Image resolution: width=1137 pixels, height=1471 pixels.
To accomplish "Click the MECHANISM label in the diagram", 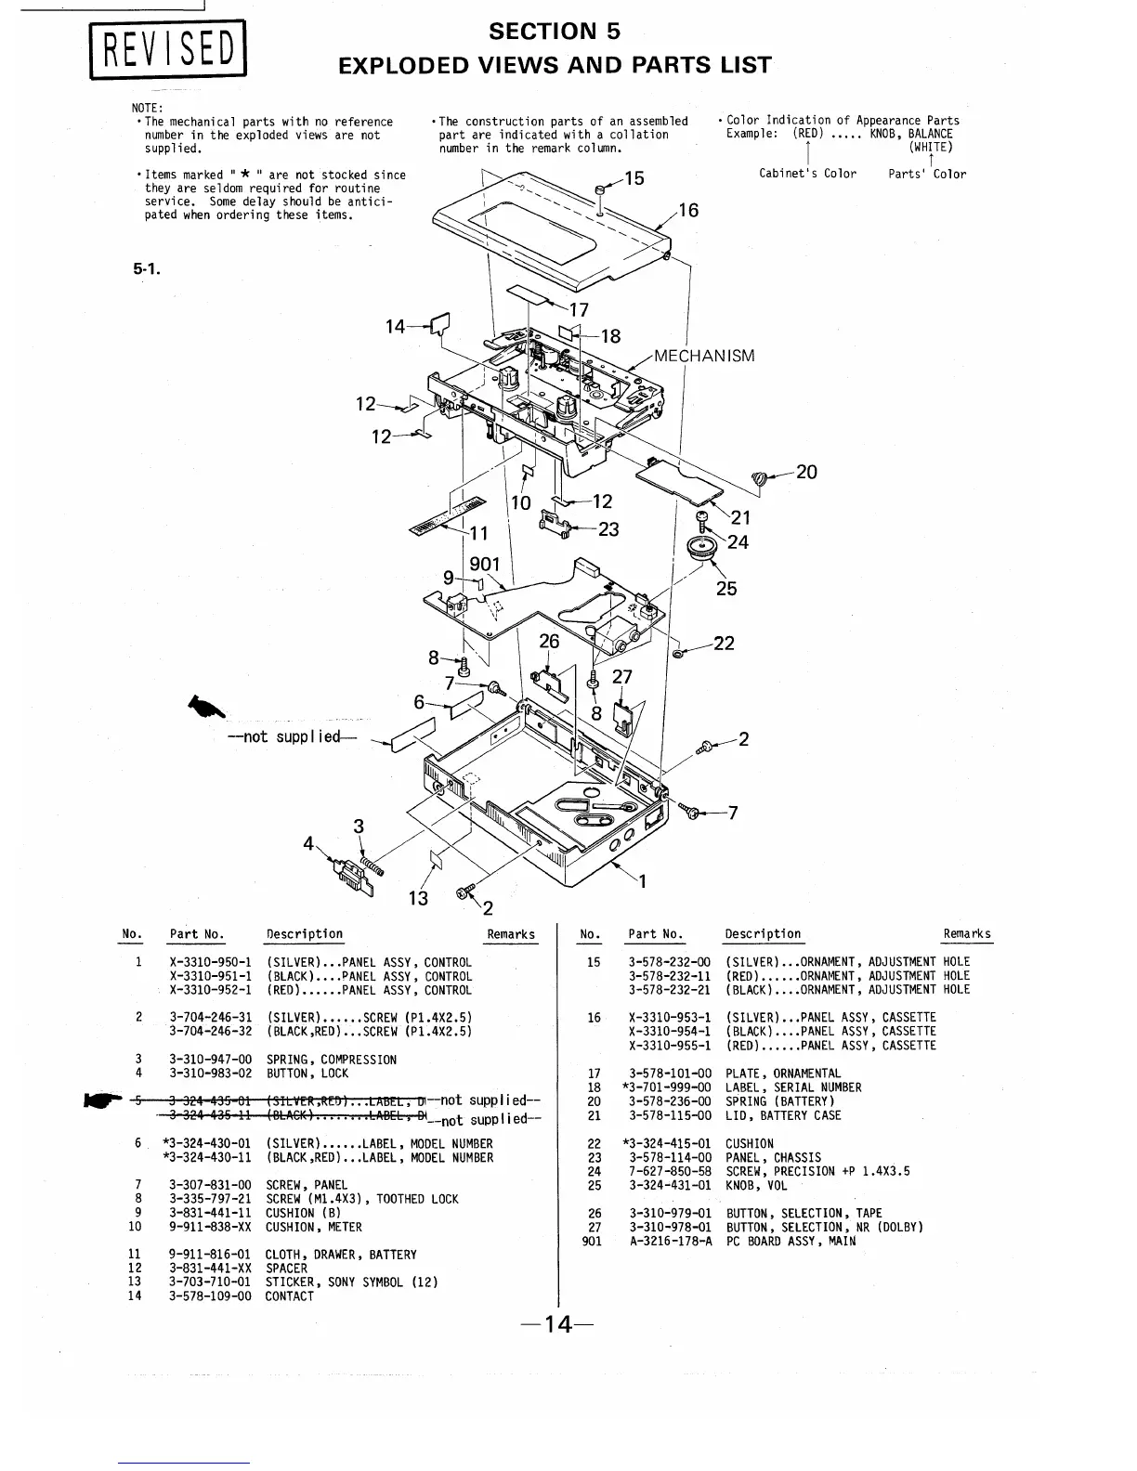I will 704,356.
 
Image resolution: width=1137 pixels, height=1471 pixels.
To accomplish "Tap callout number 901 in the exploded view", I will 484,564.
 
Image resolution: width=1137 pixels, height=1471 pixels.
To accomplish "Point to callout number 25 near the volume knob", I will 726,588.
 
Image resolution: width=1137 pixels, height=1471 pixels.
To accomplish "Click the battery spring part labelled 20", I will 759,478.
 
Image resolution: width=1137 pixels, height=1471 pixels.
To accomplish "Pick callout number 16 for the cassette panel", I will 687,211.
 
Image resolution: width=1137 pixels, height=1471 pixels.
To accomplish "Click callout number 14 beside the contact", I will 396,326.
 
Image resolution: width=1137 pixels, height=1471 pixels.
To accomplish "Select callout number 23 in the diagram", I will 608,529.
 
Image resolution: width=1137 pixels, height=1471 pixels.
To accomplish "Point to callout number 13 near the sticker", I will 418,898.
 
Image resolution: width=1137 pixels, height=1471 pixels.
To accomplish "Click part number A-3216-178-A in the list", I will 670,1241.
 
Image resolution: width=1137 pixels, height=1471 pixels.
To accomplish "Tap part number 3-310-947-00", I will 210,1060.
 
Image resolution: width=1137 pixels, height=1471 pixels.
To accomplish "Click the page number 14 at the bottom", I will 557,1324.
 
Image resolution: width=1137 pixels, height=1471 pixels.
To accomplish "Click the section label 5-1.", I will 147,270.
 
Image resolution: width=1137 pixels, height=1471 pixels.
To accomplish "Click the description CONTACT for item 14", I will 289,1296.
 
